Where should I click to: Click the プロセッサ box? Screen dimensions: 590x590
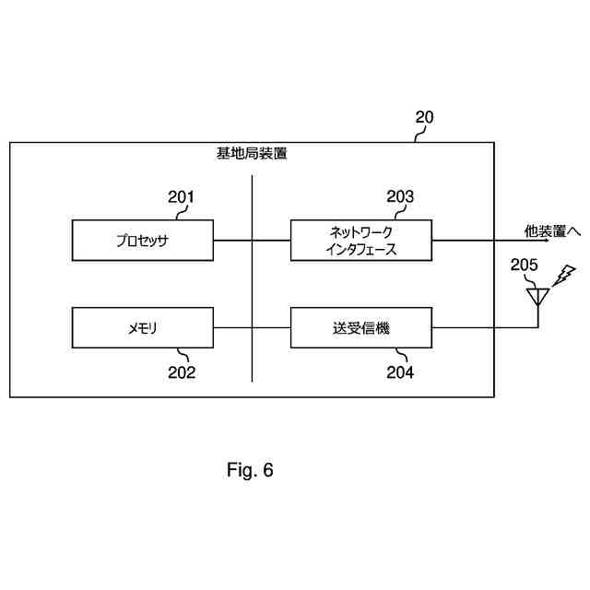[x=143, y=240]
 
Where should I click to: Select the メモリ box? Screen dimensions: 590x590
[x=143, y=328]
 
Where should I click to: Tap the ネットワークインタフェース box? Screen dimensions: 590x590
[x=361, y=240]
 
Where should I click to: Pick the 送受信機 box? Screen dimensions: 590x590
[x=361, y=328]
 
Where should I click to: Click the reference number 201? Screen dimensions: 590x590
[x=181, y=196]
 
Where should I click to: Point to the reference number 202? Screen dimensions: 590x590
[x=181, y=372]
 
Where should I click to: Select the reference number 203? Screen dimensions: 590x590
[x=400, y=196]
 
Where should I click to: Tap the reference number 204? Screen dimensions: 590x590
[x=400, y=372]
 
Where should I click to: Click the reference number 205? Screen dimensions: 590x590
[x=524, y=265]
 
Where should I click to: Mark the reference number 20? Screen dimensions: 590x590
[x=424, y=117]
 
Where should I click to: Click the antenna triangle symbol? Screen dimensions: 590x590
[x=537, y=295]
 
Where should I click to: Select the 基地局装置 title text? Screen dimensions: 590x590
[x=252, y=154]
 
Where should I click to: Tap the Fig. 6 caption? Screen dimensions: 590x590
[x=250, y=470]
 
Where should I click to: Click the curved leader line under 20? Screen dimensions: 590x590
[x=418, y=135]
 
